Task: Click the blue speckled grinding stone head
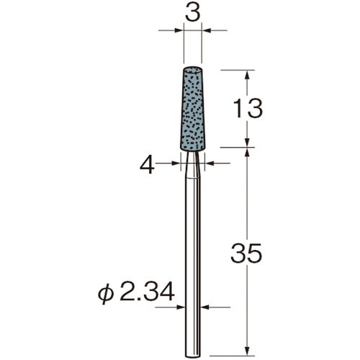point(193,108)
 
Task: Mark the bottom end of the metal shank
point(193,354)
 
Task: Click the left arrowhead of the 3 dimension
point(179,30)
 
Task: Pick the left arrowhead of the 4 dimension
point(176,164)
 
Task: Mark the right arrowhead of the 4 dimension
point(210,164)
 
